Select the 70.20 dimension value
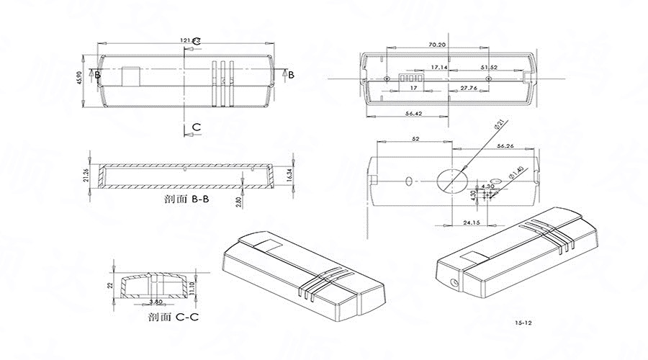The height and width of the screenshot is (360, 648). pos(436,45)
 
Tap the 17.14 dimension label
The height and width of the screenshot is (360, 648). pos(439,67)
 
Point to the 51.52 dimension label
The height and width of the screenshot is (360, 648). pos(490,67)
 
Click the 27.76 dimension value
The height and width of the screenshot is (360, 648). pos(469,88)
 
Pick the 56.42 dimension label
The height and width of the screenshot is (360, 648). pos(415,114)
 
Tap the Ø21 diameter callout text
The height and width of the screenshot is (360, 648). pos(498,126)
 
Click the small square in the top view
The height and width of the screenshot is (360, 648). pos(131,76)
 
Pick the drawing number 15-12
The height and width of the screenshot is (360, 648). pos(523,323)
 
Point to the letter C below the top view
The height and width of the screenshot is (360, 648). pos(196,127)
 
